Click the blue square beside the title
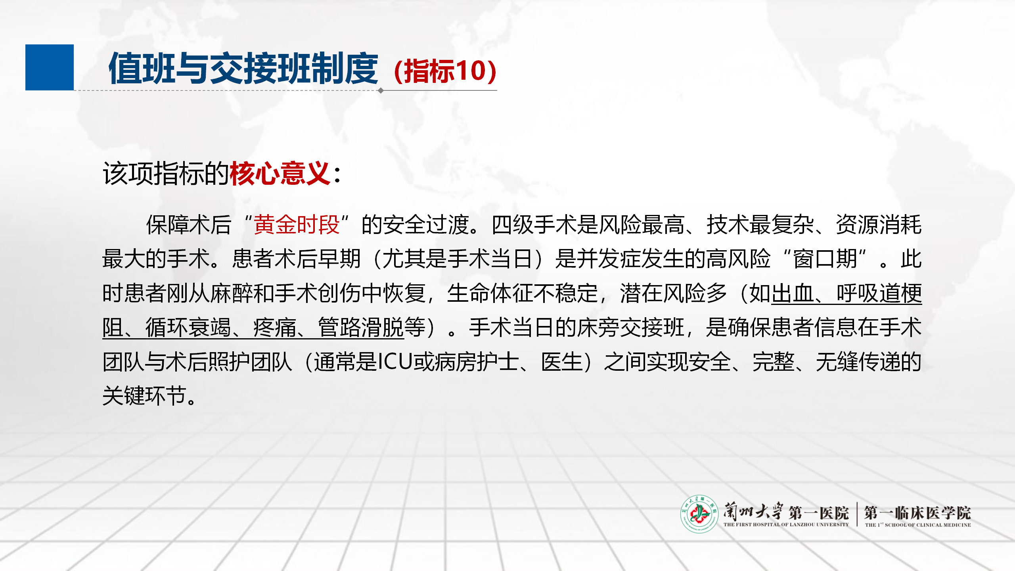coord(50,67)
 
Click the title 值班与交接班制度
coord(243,69)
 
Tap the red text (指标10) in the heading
coord(445,71)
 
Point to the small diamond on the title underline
coord(381,90)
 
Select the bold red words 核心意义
coord(280,173)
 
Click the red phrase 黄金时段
coord(297,224)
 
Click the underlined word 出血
coord(792,293)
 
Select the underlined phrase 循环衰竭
coord(188,328)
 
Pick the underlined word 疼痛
coord(274,328)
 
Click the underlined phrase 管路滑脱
coord(361,328)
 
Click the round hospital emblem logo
coord(699,514)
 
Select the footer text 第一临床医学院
coord(917,513)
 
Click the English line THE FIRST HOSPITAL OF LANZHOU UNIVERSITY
coord(786,525)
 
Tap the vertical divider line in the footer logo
coord(857,514)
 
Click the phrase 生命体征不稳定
coord(523,293)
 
